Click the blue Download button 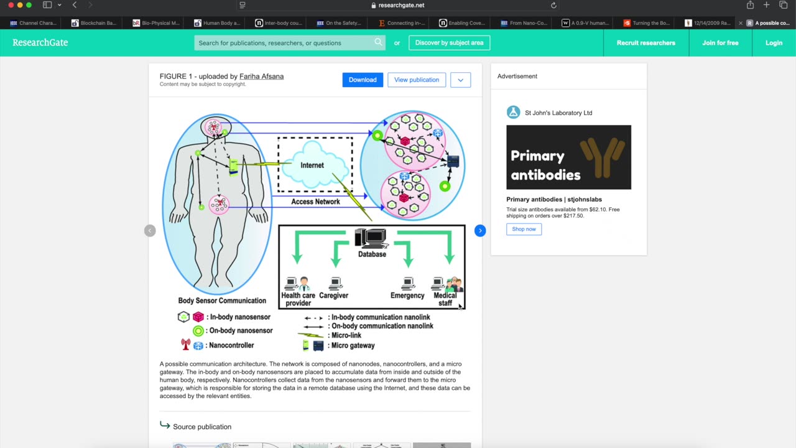pos(363,80)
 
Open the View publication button pos(416,80)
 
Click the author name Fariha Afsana pos(261,77)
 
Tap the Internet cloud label pos(312,166)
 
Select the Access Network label pos(315,202)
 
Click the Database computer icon pos(371,238)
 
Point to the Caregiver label pos(333,296)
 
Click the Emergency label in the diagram pos(407,296)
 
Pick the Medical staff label pos(445,299)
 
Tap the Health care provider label pos(298,299)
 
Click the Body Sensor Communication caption pos(222,301)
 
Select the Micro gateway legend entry pos(353,345)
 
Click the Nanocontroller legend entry pos(231,345)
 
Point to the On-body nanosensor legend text pos(241,331)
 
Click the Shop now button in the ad pos(524,229)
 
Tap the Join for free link pos(720,43)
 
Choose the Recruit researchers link pos(646,43)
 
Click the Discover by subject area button pos(449,43)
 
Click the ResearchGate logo pos(40,43)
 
